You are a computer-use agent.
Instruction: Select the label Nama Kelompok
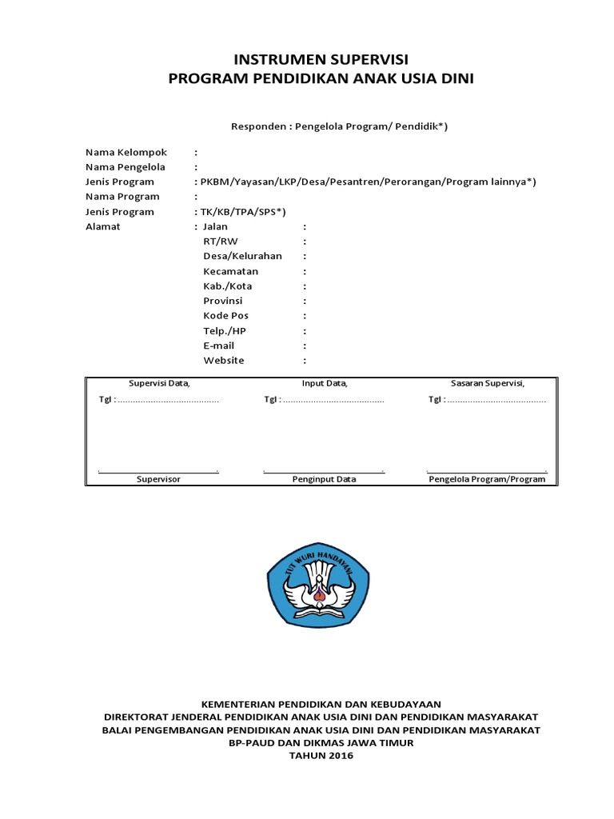(x=126, y=152)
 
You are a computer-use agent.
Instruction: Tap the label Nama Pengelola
(x=126, y=167)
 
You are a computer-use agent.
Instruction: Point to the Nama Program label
(x=122, y=197)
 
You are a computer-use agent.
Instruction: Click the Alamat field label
(x=103, y=226)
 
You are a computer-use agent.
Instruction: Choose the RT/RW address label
(x=221, y=242)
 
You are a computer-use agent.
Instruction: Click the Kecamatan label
(x=231, y=271)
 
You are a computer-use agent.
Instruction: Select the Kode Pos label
(x=226, y=316)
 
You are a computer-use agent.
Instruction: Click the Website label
(x=224, y=361)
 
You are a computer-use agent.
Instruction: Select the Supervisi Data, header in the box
(x=160, y=383)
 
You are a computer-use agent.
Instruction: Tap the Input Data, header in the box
(x=325, y=383)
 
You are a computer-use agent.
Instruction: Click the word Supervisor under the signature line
(x=158, y=479)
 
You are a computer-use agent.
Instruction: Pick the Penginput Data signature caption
(x=324, y=479)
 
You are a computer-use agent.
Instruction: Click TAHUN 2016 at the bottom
(x=321, y=756)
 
